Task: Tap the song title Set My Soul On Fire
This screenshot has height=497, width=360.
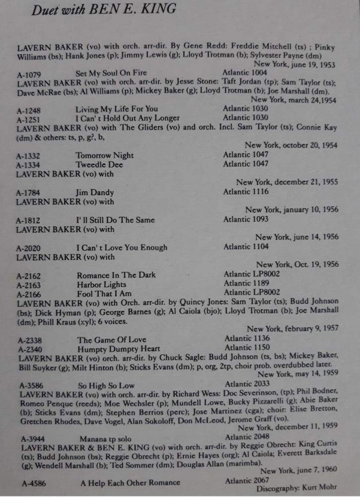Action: [x=111, y=73]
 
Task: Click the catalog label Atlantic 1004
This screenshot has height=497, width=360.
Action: [x=245, y=73]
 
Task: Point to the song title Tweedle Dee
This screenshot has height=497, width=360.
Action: [x=99, y=165]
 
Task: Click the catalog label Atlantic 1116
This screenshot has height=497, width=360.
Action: [x=246, y=191]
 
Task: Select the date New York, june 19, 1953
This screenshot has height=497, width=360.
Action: [x=294, y=65]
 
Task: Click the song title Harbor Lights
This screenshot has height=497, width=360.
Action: [x=101, y=285]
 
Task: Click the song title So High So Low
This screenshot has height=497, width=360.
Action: [x=106, y=385]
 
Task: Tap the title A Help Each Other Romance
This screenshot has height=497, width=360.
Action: [x=130, y=483]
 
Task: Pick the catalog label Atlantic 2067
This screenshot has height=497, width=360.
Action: [x=247, y=480]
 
